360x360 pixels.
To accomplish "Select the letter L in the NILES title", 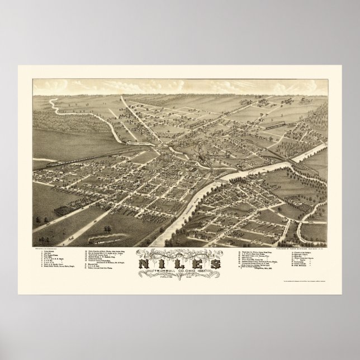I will coord(179,260).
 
